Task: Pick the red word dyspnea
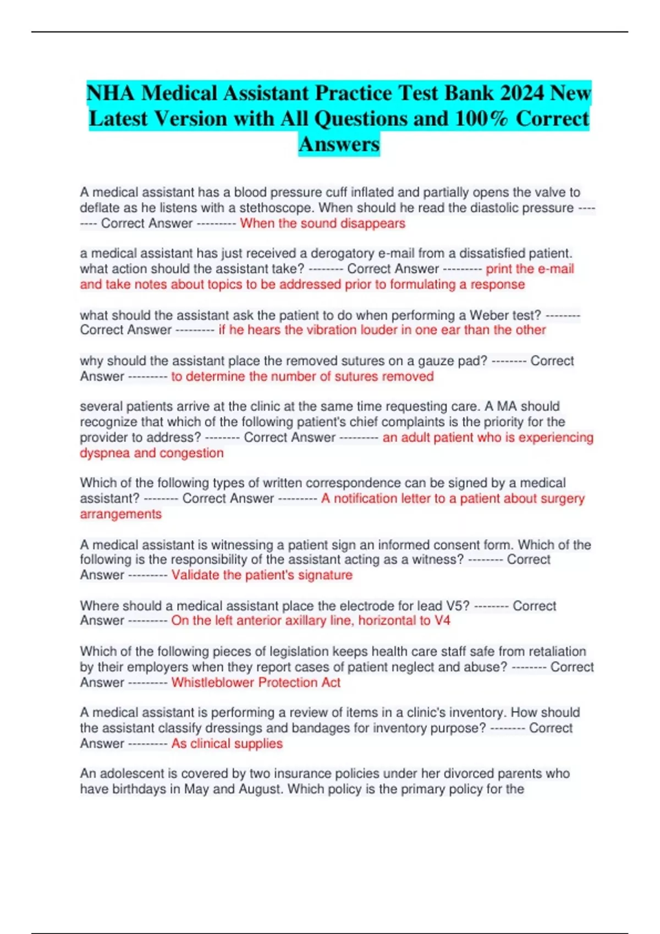pyautogui.click(x=105, y=453)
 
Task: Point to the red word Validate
pyautogui.click(x=195, y=575)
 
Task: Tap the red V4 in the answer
pyautogui.click(x=442, y=620)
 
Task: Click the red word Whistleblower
pyautogui.click(x=213, y=682)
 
